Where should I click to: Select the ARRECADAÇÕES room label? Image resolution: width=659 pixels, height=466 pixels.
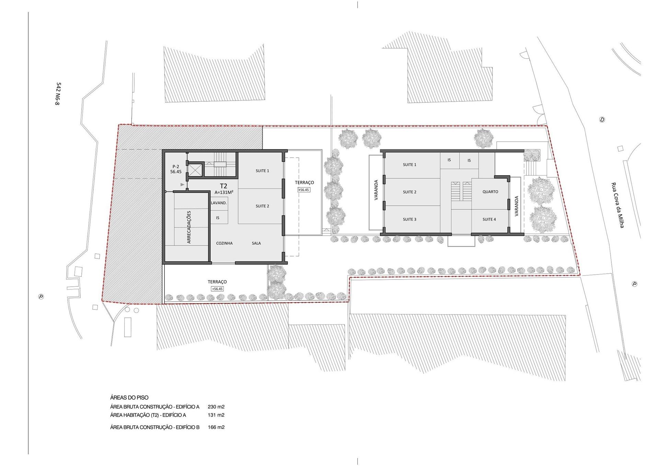pyautogui.click(x=189, y=227)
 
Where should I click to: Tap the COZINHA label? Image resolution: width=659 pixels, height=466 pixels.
pyautogui.click(x=224, y=243)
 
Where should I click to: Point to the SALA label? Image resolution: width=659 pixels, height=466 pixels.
pyautogui.click(x=256, y=243)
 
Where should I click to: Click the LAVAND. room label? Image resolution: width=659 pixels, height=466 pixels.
pyautogui.click(x=219, y=203)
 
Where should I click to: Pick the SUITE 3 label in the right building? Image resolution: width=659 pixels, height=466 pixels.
pyautogui.click(x=409, y=219)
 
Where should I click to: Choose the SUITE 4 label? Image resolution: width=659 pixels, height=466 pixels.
pyautogui.click(x=489, y=219)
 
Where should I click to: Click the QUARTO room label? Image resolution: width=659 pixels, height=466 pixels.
pyautogui.click(x=490, y=192)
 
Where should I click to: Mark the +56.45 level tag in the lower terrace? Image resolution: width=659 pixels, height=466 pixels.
pyautogui.click(x=218, y=289)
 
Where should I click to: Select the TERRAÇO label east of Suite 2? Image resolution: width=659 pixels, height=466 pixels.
pyautogui.click(x=304, y=183)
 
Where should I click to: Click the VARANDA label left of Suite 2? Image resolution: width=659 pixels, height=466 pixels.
pyautogui.click(x=376, y=190)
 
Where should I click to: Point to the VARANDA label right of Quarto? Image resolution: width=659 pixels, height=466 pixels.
pyautogui.click(x=517, y=206)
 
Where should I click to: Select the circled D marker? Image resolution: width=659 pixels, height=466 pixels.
pyautogui.click(x=602, y=120)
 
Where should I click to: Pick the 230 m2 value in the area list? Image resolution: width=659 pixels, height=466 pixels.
pyautogui.click(x=216, y=407)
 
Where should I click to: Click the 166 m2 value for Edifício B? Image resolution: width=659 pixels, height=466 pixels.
pyautogui.click(x=216, y=427)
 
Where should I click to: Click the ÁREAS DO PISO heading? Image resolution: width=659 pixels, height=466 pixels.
pyautogui.click(x=129, y=398)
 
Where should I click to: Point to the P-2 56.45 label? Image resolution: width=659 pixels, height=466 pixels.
pyautogui.click(x=176, y=169)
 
